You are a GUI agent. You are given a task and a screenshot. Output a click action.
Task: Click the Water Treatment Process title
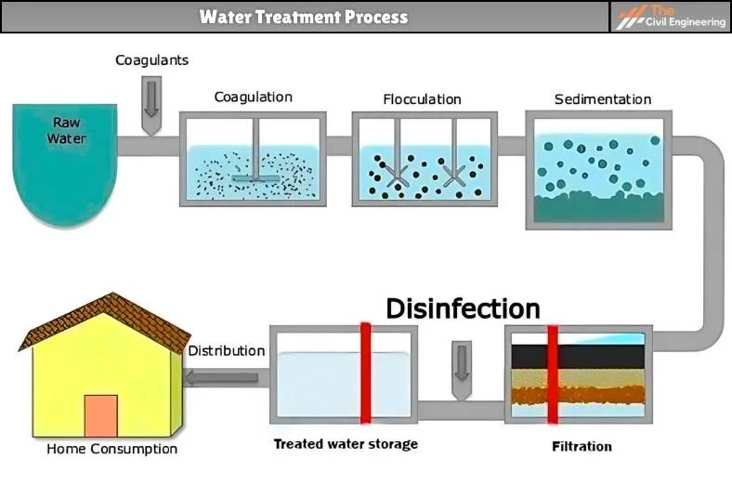point(304,17)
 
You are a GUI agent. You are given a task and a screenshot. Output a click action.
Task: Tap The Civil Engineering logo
point(672,17)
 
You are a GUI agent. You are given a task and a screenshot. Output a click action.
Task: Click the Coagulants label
point(151,60)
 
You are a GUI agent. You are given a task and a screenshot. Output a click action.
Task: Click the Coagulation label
point(253,97)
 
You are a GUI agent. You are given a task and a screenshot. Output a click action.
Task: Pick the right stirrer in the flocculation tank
point(454,176)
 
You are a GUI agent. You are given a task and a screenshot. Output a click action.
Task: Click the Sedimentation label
point(602,99)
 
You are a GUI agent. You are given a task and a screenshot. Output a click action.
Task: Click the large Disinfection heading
point(463,308)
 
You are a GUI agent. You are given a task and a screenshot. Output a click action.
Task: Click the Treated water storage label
point(345,444)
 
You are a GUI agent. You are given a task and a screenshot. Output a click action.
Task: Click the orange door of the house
point(100,415)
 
